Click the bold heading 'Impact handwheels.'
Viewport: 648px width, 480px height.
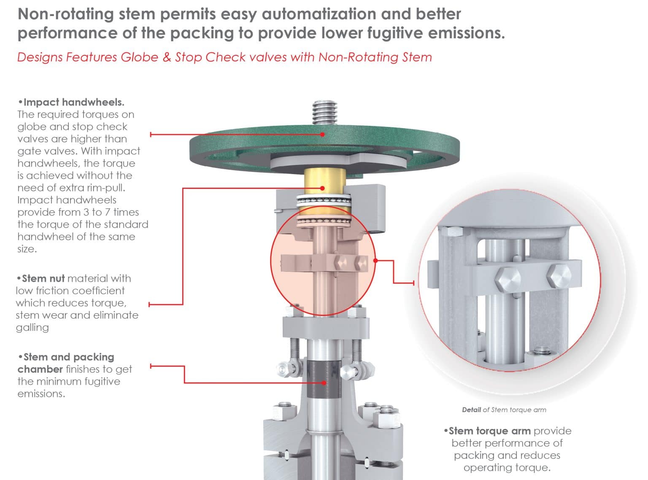coord(74,102)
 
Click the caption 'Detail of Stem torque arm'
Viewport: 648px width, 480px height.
coord(504,410)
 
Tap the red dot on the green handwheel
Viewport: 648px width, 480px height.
coord(323,135)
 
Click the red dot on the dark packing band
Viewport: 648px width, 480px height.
coord(324,383)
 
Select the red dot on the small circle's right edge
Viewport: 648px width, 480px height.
coord(375,261)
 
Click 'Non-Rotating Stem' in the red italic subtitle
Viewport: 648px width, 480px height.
coord(375,57)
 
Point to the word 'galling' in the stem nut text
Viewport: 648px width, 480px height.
coord(32,327)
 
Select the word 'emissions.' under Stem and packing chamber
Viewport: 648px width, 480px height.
coord(41,394)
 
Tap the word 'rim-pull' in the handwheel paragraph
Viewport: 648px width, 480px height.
coord(107,188)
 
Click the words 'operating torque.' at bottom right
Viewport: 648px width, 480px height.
coord(507,468)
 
